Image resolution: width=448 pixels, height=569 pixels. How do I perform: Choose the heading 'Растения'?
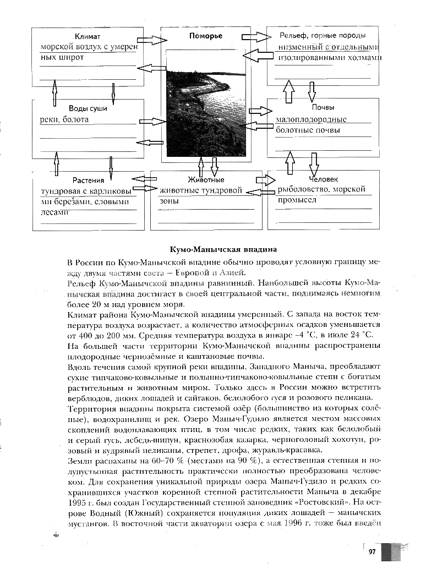click(88, 180)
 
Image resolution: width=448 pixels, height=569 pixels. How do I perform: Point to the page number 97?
click(372, 552)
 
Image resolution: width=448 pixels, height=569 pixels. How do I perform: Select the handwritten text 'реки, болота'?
click(64, 119)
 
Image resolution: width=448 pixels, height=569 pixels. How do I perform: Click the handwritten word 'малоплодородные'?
click(311, 119)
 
